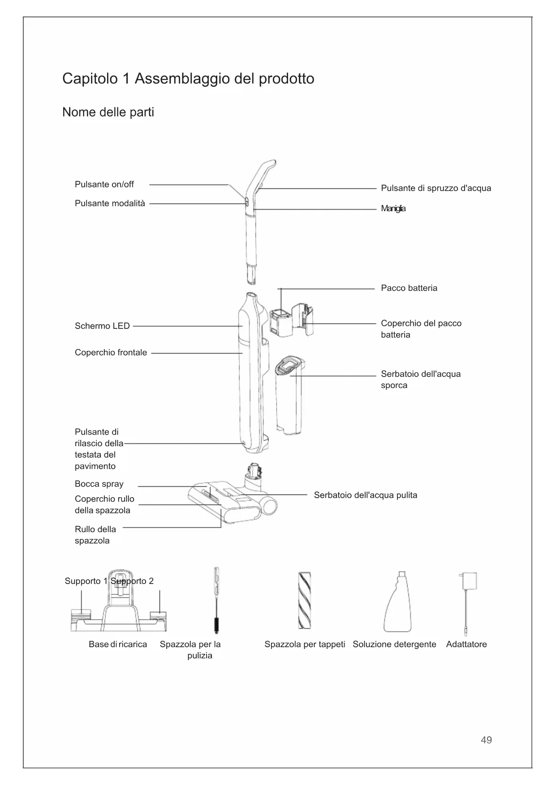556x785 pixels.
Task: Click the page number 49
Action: [486, 740]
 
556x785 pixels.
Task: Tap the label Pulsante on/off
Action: [104, 184]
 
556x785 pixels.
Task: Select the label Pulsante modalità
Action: [110, 204]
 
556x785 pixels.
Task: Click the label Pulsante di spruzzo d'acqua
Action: [435, 188]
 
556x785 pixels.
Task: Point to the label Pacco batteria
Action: [409, 288]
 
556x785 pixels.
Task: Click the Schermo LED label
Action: [102, 326]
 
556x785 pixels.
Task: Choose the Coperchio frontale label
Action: [111, 353]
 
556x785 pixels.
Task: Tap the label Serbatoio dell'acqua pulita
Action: [365, 495]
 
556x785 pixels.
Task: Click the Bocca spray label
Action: [99, 484]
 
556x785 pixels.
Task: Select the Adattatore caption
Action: [466, 644]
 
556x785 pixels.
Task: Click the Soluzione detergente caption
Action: [394, 644]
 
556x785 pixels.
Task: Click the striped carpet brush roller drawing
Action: [305, 600]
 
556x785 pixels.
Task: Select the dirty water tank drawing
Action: [289, 394]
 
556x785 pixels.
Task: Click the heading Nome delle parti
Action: [108, 112]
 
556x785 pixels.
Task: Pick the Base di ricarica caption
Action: [117, 644]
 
